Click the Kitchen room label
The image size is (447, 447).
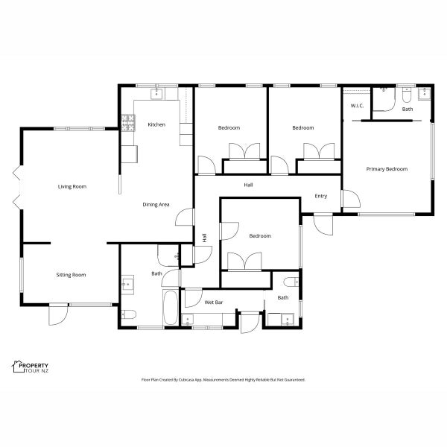coord(156,124)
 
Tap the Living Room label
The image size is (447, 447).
coord(72,186)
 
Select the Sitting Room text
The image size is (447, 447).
coord(71,275)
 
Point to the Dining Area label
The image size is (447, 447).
coord(156,204)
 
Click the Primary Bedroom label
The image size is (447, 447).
coord(387,169)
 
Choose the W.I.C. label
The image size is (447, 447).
coord(357,106)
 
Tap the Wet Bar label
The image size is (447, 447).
coord(214,302)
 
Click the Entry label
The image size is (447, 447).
coord(321,196)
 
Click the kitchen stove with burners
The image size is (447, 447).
coord(128,123)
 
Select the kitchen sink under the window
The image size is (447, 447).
coord(156,94)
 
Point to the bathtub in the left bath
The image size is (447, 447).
coord(171,307)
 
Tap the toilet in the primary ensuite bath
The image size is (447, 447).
coord(406,95)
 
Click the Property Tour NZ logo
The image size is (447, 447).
coord(31,367)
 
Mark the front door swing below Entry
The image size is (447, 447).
coord(323,225)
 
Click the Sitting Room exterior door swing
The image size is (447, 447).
coord(58,314)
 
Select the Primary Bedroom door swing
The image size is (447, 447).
coord(351,199)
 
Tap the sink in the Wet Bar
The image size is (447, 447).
coord(188,320)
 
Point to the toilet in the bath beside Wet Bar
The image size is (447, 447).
coord(291,282)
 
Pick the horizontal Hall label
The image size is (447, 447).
coord(248,185)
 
